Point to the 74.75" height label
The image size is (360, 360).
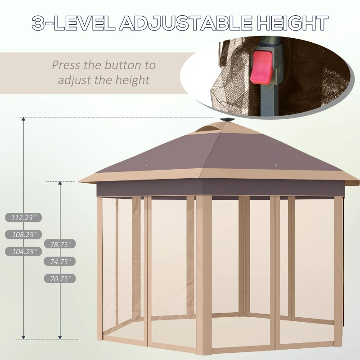click(60, 261)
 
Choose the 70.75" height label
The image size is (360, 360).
click(60, 279)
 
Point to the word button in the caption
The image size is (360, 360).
click(123, 65)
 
